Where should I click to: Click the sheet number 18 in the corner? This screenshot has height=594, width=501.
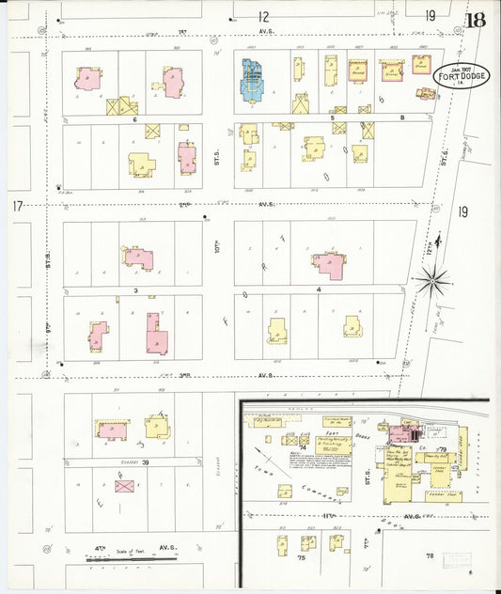(x=476, y=19)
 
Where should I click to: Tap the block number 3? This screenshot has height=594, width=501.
(x=136, y=291)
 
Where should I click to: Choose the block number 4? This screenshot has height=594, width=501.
(x=320, y=289)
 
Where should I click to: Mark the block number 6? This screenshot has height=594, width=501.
(x=135, y=120)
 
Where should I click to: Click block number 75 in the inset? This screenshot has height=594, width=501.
(x=276, y=557)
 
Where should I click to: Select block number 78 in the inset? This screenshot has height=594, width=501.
(x=431, y=556)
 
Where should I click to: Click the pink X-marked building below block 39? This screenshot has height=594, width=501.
(x=123, y=486)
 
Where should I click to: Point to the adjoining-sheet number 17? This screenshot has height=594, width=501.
(x=17, y=206)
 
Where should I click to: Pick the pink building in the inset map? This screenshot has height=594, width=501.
(x=404, y=432)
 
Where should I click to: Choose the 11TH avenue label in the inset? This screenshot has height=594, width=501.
(x=330, y=516)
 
